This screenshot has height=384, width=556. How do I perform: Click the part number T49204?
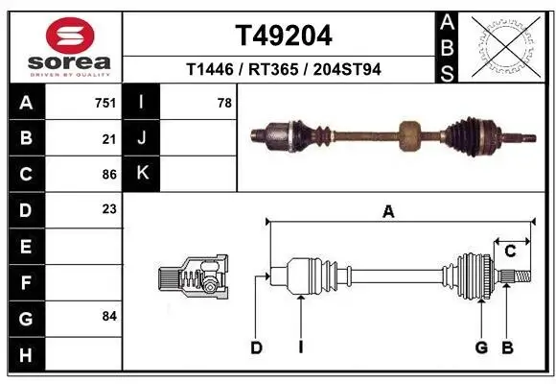pyautogui.click(x=283, y=36)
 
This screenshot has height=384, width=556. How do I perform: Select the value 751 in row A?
pyautogui.click(x=104, y=102)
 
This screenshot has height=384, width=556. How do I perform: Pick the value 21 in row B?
pyautogui.click(x=108, y=138)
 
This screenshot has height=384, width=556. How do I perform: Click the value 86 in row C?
pyautogui.click(x=108, y=174)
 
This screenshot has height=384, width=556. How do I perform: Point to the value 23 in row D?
pyautogui.click(x=108, y=208)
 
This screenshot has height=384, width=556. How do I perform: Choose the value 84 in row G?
pyautogui.click(x=108, y=316)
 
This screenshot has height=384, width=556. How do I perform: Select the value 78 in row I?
pyautogui.click(x=224, y=102)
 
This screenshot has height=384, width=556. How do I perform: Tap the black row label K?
pyautogui.click(x=142, y=174)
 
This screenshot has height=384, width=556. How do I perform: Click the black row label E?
pyautogui.click(x=25, y=246)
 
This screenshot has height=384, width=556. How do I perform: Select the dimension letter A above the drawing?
pyautogui.click(x=388, y=213)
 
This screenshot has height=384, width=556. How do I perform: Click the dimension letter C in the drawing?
pyautogui.click(x=510, y=252)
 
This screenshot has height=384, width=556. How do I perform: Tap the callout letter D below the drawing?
pyautogui.click(x=256, y=348)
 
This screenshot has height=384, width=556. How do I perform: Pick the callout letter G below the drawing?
pyautogui.click(x=481, y=348)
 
